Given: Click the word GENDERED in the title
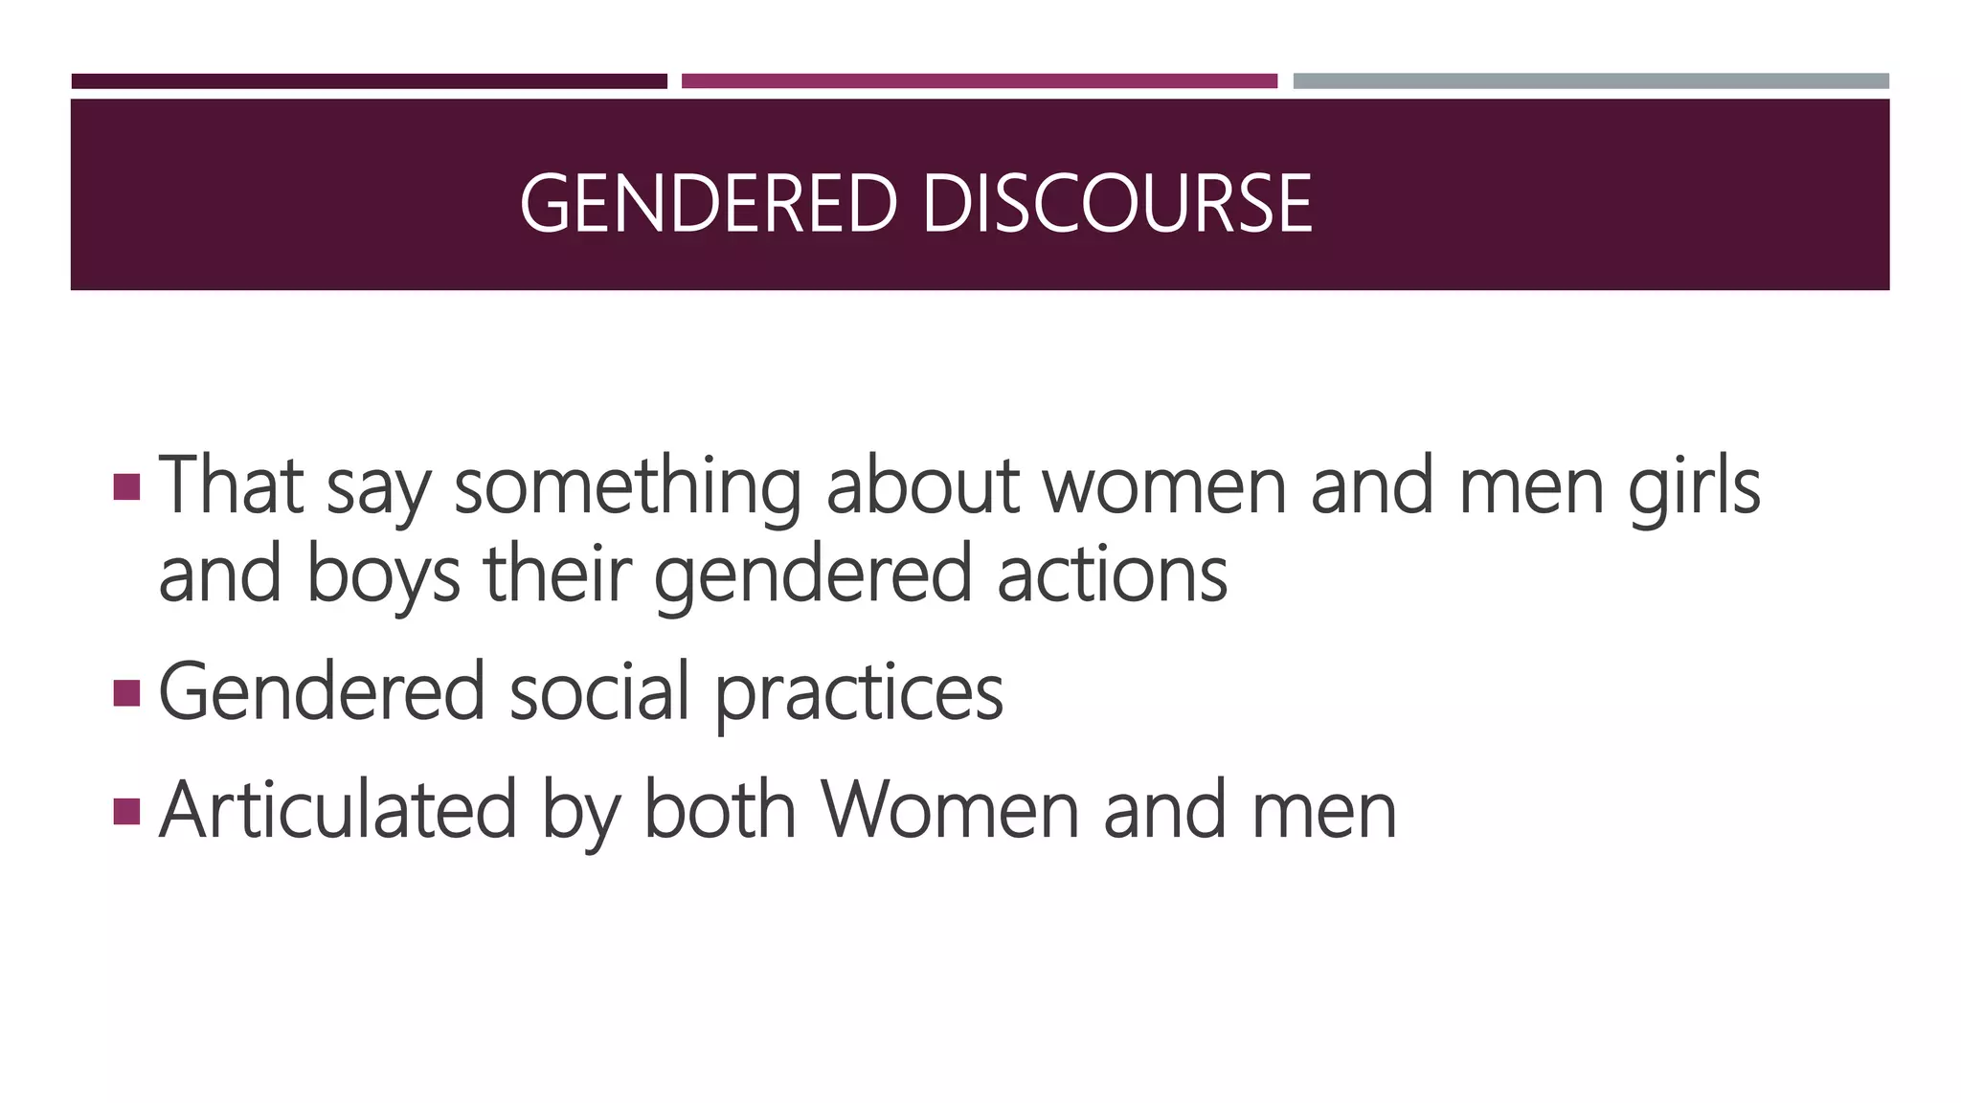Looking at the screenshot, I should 708,203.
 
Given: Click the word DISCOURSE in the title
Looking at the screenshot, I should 1116,203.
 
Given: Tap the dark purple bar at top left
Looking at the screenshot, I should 369,81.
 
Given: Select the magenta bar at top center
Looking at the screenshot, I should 979,81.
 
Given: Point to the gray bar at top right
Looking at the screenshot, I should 1590,81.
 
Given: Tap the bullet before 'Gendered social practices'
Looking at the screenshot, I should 126,692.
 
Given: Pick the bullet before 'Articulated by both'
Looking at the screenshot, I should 126,811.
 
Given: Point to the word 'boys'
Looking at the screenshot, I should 383,574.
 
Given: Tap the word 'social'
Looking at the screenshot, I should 598,692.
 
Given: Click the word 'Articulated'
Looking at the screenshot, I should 338,811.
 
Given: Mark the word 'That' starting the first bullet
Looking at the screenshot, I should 231,486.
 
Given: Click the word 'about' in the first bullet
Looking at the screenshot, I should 922,486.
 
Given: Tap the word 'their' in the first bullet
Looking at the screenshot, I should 557,574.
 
